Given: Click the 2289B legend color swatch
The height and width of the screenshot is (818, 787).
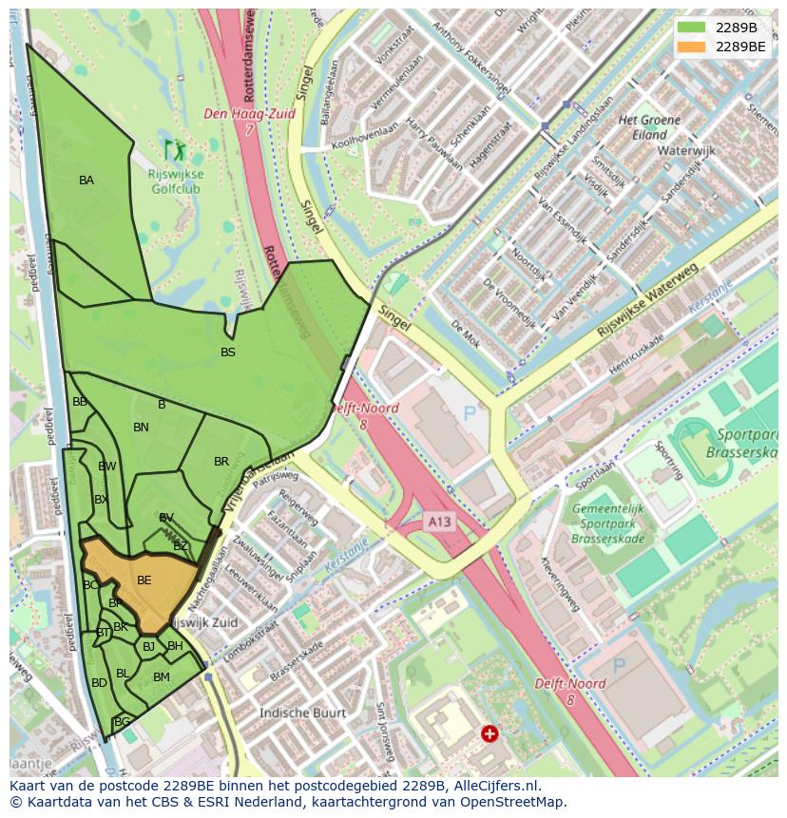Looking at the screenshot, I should point(692,28).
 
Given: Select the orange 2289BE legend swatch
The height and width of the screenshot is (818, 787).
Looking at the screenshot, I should point(692,47).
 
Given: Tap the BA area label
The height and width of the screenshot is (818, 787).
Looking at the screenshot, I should point(86,181).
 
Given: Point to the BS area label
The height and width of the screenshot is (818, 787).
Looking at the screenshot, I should point(228,352).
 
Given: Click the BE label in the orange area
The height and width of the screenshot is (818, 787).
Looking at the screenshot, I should point(144,580).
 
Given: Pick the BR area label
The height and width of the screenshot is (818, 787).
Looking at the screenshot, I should point(221,463).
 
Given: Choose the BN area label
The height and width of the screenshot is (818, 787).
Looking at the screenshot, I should point(141,428).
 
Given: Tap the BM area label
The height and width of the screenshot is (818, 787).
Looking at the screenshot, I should point(162,677).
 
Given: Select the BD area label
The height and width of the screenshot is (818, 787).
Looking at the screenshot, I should point(99,683).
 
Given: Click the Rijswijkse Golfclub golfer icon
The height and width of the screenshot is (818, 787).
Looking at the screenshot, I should point(174,149).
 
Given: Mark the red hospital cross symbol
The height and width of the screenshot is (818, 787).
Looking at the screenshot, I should point(489,733).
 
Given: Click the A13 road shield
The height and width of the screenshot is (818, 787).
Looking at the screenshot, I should point(439,522).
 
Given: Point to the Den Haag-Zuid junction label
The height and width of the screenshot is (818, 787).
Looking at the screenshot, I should point(249,114).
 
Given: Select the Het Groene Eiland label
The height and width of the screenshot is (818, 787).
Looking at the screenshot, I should point(649,127).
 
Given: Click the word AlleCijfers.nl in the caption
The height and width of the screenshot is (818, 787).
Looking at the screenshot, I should point(492,787).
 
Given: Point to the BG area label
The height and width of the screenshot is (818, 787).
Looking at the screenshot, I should point(122,722).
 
